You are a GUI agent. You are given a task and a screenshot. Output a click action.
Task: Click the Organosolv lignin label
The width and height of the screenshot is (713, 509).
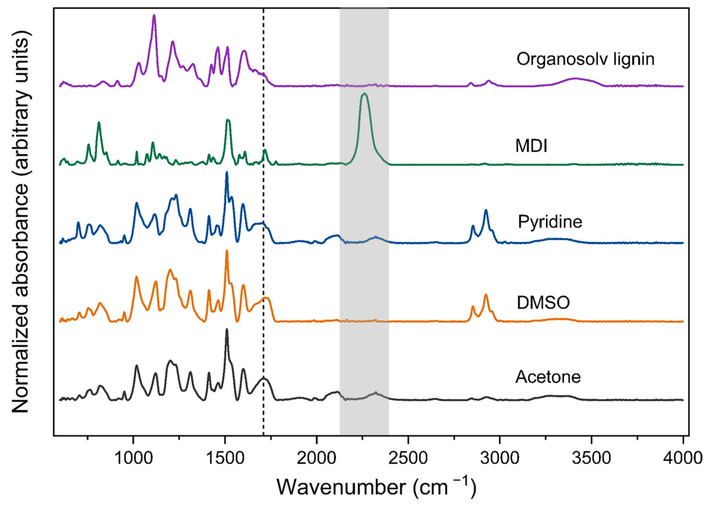point(586,59)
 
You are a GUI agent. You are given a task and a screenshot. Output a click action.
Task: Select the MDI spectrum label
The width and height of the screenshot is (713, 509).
point(532,146)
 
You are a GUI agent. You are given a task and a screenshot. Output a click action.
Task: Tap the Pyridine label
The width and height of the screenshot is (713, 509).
point(550,222)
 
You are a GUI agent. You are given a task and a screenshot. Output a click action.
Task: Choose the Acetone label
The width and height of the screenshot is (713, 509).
point(548,377)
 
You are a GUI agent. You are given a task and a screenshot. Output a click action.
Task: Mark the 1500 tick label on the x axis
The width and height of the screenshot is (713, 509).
point(225,458)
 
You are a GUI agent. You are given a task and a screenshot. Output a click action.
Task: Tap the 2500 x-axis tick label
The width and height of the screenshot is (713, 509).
point(408,458)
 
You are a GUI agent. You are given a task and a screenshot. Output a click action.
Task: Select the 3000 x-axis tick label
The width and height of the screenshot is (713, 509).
point(500,458)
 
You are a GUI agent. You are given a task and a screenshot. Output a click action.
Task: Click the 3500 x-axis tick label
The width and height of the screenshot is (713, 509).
point(591,458)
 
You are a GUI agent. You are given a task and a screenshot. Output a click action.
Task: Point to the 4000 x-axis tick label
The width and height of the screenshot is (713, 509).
point(682,458)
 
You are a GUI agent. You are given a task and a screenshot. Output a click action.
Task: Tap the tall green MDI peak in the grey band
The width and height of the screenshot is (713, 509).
point(364,95)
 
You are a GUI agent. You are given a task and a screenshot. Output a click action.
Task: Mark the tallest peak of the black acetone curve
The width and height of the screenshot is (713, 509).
point(227,330)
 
